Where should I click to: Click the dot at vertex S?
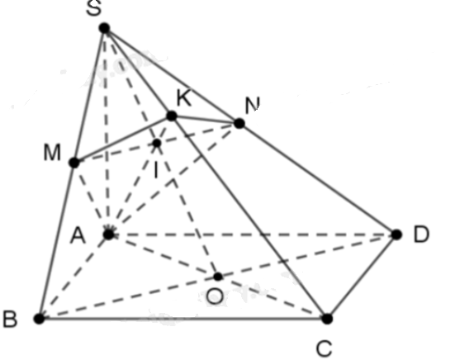(104, 28)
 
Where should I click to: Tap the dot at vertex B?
(39, 319)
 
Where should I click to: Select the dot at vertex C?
(327, 319)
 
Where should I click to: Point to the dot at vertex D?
(396, 234)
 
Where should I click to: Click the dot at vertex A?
(108, 234)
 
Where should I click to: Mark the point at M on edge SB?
(74, 163)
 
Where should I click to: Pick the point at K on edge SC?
(172, 116)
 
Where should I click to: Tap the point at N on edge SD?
(239, 123)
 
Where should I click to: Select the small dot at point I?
(157, 143)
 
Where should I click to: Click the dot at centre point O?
(218, 276)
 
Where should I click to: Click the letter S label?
(93, 8)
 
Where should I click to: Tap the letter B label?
(10, 319)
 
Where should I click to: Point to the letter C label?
(325, 348)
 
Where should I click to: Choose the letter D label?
(421, 234)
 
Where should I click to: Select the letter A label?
(78, 235)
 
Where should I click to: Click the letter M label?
(52, 153)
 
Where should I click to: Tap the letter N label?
(252, 105)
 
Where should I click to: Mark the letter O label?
(215, 296)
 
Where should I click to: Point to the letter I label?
(156, 170)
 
